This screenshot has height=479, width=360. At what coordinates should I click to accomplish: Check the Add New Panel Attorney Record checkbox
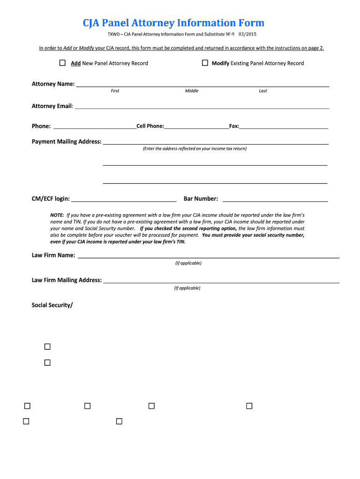62,63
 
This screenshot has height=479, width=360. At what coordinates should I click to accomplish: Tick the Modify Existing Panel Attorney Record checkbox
205,63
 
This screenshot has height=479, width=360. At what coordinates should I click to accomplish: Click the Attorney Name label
53,84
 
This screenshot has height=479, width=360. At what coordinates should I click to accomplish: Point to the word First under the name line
115,91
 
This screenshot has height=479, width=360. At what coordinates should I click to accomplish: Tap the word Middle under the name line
192,91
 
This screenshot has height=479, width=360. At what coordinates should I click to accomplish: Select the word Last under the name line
263,91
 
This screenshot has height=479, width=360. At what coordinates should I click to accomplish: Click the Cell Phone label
150,126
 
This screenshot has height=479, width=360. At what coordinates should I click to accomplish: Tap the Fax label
234,126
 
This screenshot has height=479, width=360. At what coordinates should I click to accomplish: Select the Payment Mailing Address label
66,142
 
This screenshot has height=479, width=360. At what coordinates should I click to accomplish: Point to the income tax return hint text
194,149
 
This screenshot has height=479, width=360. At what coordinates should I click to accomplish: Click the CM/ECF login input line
124,199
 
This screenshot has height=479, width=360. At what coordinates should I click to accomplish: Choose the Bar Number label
201,199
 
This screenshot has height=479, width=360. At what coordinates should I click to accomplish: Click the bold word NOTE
57,215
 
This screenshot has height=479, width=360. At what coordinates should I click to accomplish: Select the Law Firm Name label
53,255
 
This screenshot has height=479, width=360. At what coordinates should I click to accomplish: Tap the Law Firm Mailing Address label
66,280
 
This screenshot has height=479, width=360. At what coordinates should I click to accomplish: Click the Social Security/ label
52,305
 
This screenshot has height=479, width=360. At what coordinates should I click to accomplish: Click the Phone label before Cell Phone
41,126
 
